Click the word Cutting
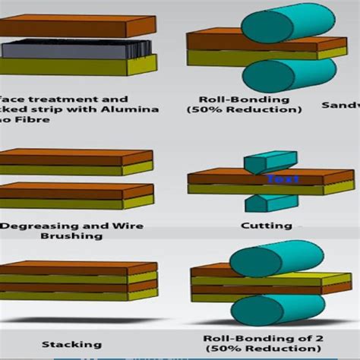(266, 225)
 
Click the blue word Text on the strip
(283, 180)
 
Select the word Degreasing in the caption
(35, 226)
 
